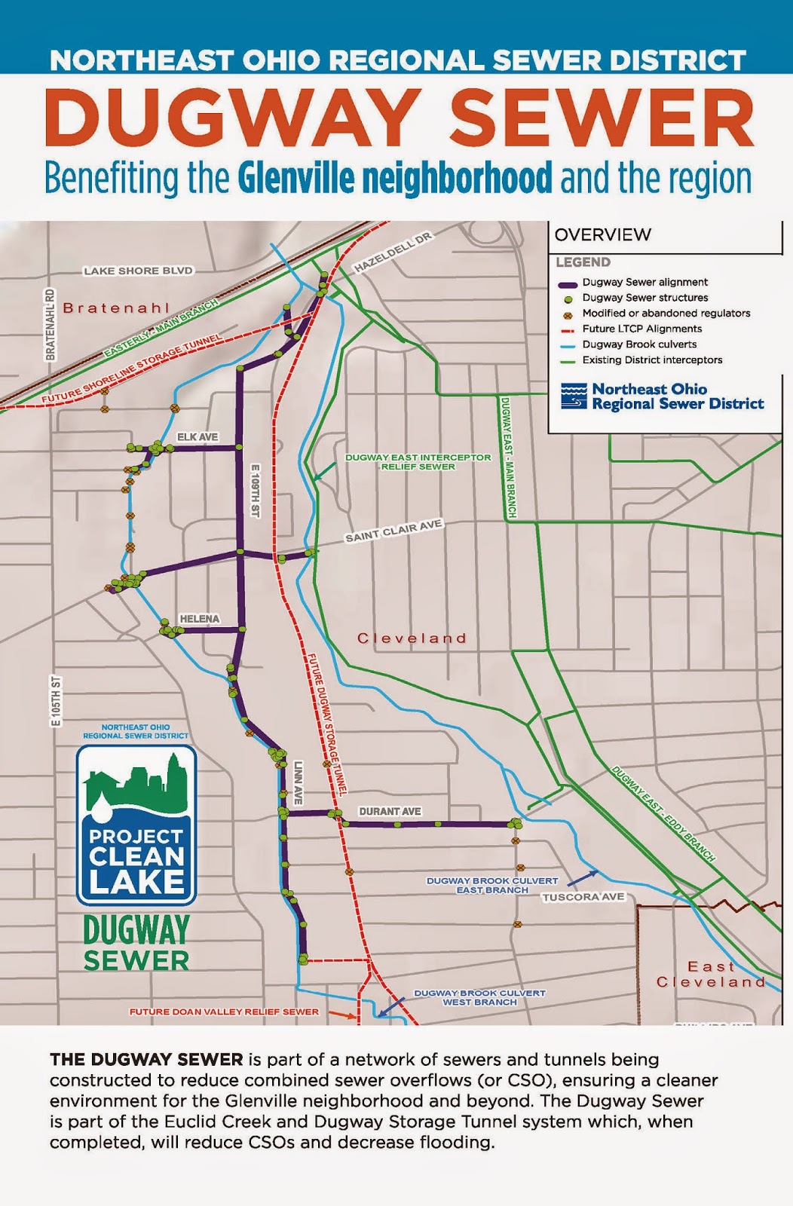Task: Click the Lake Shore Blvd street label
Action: point(138,271)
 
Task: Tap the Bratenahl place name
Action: point(116,308)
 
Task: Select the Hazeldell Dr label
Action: point(393,253)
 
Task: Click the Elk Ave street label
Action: point(197,437)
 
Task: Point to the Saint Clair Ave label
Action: point(393,531)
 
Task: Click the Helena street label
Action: point(200,619)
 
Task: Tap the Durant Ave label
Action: point(390,811)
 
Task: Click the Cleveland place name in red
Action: point(412,638)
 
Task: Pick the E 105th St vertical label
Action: point(56,702)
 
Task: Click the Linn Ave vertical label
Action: point(298,782)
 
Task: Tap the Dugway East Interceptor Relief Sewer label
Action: point(418,461)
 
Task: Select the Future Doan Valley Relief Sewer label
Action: point(224,1012)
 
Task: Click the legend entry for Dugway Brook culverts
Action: point(639,344)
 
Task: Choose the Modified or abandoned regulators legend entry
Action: point(666,313)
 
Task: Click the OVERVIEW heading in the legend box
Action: point(602,234)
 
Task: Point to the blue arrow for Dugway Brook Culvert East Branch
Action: point(582,878)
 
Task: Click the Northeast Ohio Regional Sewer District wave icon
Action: point(574,396)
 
